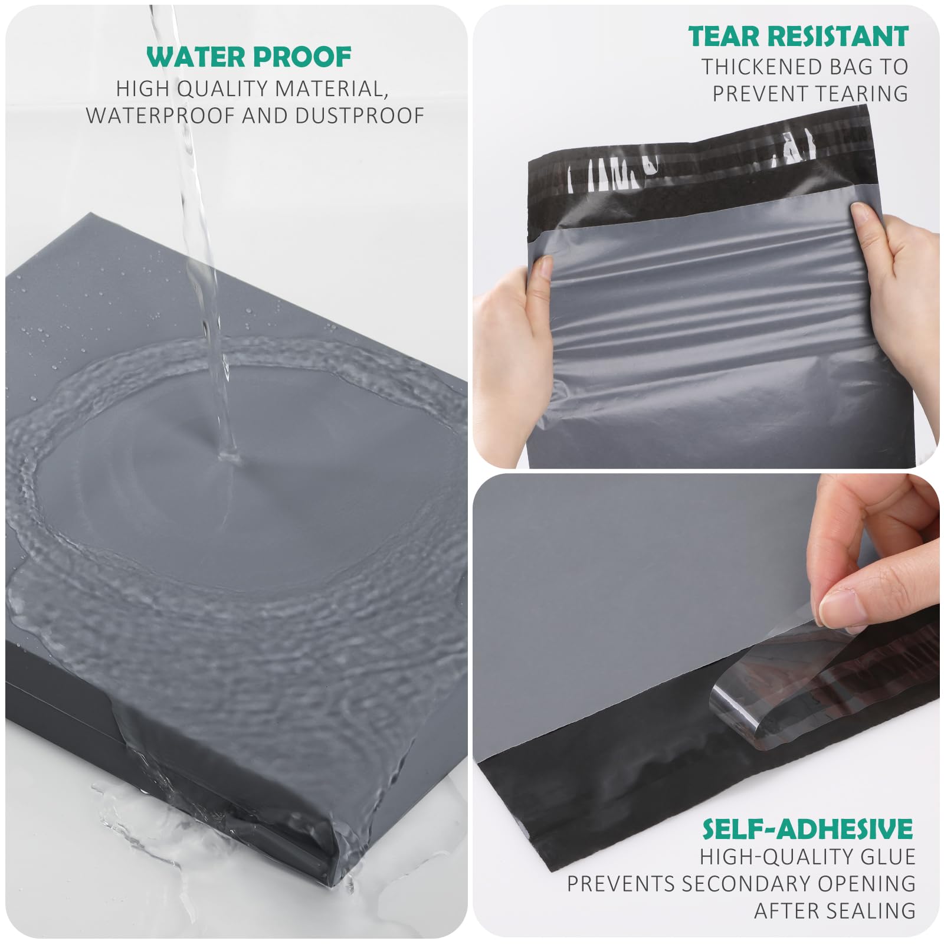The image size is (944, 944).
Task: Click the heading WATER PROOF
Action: [x=249, y=57]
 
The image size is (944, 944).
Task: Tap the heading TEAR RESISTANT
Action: [x=798, y=37]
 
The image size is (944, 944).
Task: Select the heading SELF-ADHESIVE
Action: [x=808, y=829]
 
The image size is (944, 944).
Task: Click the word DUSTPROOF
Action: [x=360, y=116]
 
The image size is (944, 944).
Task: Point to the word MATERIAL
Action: [x=332, y=89]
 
